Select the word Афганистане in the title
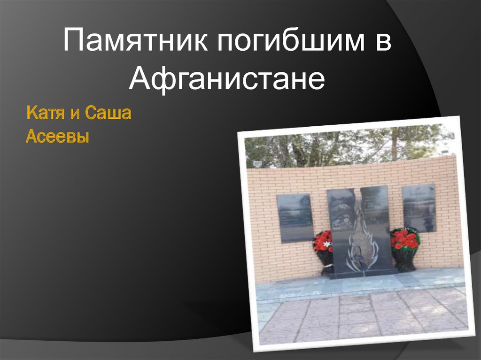coord(227,79)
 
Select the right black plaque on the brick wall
coord(419,207)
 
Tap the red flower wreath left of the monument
coord(323,241)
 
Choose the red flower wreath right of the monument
coord(405,238)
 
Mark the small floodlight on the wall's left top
coord(258,162)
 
